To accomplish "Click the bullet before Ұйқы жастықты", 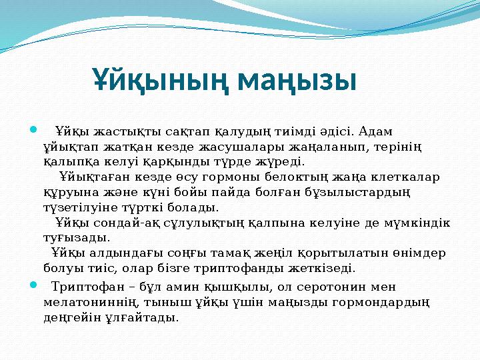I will [33, 129].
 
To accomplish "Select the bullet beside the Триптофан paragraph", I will [33, 285].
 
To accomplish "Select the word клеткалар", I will [407, 177].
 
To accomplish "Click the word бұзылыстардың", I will [363, 193].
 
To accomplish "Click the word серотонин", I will [333, 287].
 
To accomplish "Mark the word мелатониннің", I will [85, 303].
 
